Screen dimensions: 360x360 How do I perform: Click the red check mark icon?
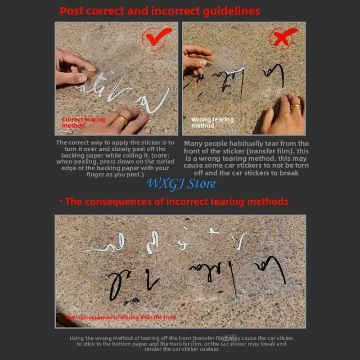point(157,36)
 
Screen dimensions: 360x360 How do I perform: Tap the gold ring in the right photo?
point(296,107)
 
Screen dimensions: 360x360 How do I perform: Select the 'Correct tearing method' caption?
point(83,122)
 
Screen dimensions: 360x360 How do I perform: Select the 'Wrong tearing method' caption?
point(212,122)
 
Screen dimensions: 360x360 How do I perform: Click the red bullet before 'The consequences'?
point(60,201)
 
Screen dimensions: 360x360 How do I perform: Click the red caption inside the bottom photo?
point(121,317)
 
